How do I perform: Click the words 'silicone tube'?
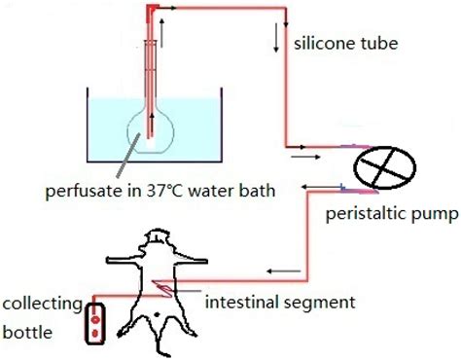point(341,45)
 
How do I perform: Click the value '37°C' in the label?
point(160,191)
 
